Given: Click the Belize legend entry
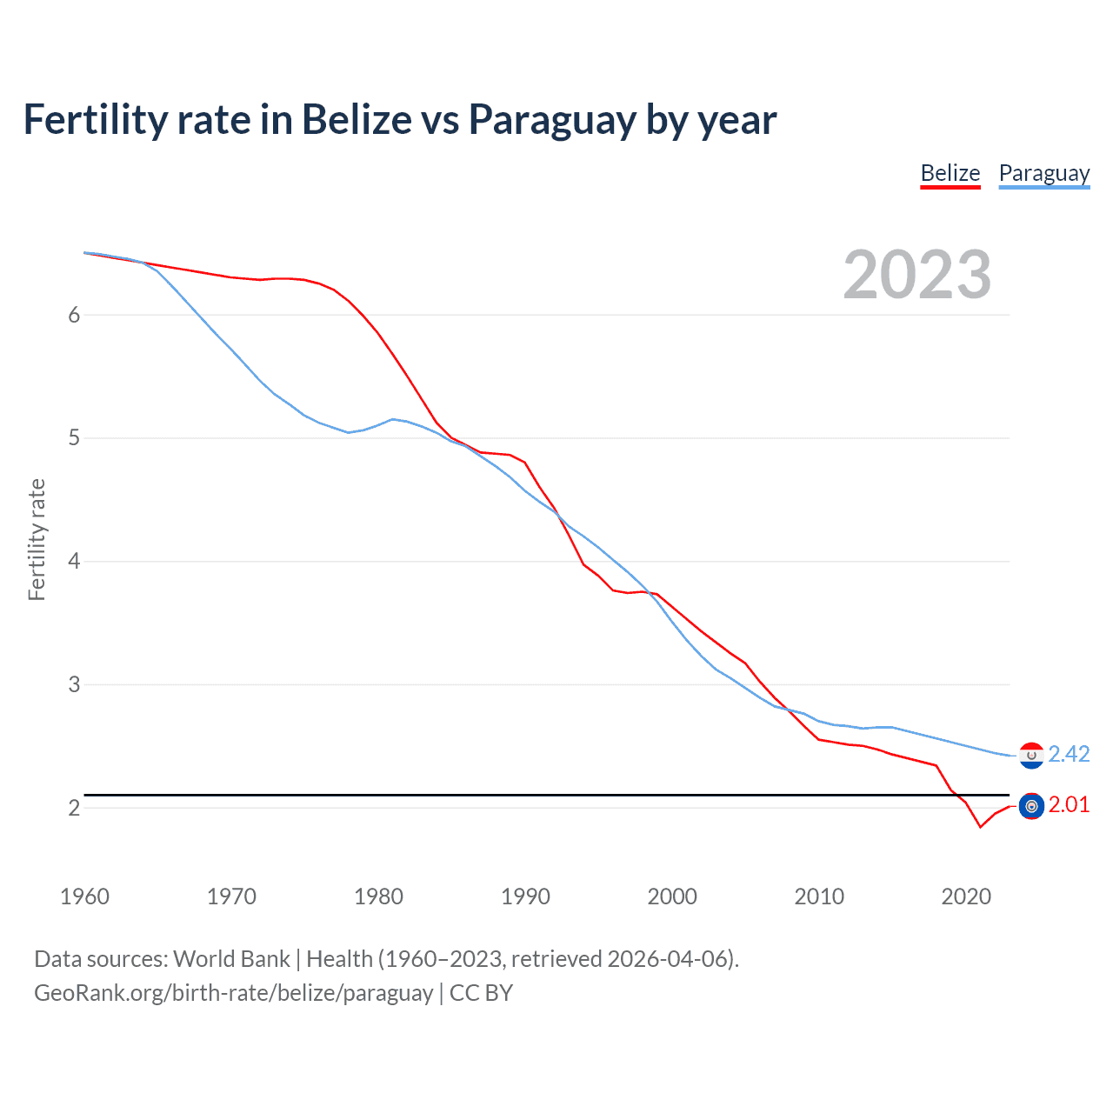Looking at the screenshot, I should (x=950, y=173).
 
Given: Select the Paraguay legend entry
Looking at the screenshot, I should (x=1043, y=173).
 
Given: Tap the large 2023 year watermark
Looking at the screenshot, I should (x=917, y=275).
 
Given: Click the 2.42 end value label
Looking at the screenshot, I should (x=1069, y=754).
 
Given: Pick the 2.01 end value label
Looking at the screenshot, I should (x=1069, y=805).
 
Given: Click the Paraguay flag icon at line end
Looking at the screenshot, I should (x=1031, y=756).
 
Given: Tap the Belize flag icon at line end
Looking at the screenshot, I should (x=1031, y=807).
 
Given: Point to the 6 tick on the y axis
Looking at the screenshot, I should (x=74, y=315).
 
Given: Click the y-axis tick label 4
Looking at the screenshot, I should (x=74, y=562).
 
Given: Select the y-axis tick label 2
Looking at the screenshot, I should (x=74, y=808).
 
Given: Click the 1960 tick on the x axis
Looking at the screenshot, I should (x=84, y=896).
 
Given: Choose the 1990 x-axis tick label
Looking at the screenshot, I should (x=525, y=896).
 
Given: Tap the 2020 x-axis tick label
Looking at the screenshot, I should (x=966, y=896).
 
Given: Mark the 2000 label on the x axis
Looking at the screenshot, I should (x=672, y=896).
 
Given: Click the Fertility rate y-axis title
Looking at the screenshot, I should (x=37, y=539).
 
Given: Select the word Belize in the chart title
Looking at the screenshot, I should (x=357, y=120).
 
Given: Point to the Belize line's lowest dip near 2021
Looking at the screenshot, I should (x=980, y=826).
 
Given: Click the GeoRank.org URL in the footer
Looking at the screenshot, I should (x=233, y=993).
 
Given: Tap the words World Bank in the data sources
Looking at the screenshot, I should (x=231, y=959).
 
